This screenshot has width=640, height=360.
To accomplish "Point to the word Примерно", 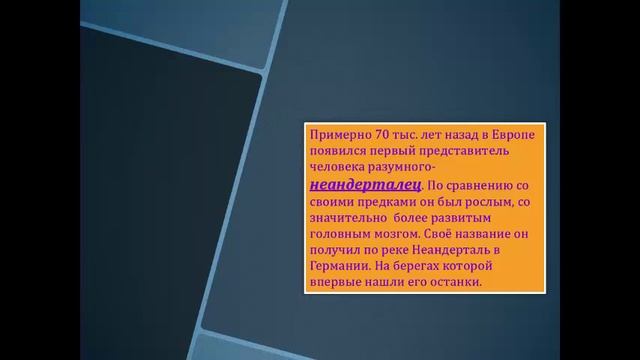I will coord(335,134).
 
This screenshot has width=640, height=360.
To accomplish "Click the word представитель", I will coord(467,150).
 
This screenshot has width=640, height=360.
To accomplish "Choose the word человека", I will coord(338,167).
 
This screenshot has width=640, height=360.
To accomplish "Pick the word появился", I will coord(340,150).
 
